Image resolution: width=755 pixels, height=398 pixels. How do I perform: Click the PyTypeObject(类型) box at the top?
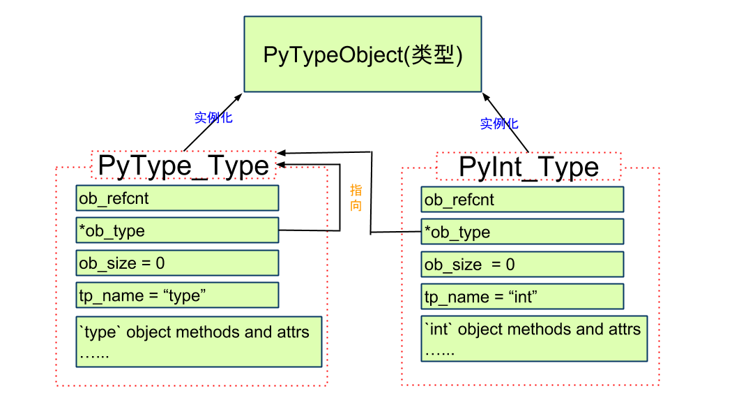coord(363,54)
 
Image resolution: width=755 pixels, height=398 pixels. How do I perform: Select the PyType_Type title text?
coord(183,166)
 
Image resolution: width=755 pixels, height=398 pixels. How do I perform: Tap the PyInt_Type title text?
coord(528,168)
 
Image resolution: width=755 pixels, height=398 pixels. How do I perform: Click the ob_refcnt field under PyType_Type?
coord(177,198)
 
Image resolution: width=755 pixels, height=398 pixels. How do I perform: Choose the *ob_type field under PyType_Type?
coord(177,230)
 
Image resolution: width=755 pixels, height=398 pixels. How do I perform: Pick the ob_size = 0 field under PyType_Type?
coord(177,263)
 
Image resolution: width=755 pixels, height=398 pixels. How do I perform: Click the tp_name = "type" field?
coord(177,295)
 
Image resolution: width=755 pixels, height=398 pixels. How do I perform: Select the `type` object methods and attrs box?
coord(199,341)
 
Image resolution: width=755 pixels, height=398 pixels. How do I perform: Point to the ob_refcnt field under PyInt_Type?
coord(522,200)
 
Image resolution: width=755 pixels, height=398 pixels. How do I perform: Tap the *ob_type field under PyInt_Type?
coord(522,232)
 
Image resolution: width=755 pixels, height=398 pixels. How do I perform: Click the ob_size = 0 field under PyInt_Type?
coord(522,265)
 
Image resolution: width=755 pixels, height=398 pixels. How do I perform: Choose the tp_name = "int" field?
coord(522,297)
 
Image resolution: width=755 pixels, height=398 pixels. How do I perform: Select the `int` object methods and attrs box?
coord(534,339)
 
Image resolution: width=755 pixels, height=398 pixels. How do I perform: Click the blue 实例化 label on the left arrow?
coord(213,117)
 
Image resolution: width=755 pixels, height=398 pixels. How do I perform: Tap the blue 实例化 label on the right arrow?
coord(499,124)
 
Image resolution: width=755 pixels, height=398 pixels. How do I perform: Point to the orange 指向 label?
coord(356,198)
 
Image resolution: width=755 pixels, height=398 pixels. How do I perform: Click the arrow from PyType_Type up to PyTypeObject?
coord(213,121)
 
